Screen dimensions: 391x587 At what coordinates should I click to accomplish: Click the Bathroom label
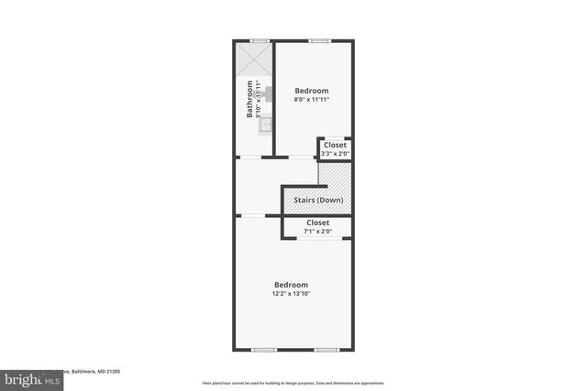(x=249, y=100)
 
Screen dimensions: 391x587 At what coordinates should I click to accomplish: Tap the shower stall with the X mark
(x=254, y=61)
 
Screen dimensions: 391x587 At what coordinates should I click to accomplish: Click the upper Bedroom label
(x=311, y=91)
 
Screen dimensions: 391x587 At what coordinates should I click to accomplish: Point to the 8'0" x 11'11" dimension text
(x=311, y=99)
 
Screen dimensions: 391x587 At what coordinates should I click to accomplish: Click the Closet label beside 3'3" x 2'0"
(x=335, y=145)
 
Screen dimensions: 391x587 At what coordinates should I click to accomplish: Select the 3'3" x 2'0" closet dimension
(x=335, y=153)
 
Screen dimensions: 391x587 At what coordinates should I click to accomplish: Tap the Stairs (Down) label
(x=317, y=200)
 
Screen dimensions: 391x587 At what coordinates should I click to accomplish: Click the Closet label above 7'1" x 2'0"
(x=317, y=223)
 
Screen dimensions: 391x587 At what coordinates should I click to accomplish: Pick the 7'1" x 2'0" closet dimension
(x=317, y=231)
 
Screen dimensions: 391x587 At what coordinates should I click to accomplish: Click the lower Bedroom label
(x=291, y=285)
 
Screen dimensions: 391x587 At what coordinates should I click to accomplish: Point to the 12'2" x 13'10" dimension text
(x=291, y=294)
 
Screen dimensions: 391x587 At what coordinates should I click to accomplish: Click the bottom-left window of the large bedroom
(x=264, y=350)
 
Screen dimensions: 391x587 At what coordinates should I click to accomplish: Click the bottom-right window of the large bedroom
(x=327, y=350)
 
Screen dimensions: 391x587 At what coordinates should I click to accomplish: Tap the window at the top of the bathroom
(x=260, y=40)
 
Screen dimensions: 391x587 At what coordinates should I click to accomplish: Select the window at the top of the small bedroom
(x=318, y=40)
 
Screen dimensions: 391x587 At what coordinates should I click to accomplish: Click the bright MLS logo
(x=28, y=377)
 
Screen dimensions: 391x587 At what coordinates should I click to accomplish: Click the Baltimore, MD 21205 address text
(x=92, y=372)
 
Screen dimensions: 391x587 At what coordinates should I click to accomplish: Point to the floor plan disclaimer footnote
(x=293, y=383)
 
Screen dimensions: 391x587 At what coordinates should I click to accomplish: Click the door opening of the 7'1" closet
(x=317, y=239)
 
